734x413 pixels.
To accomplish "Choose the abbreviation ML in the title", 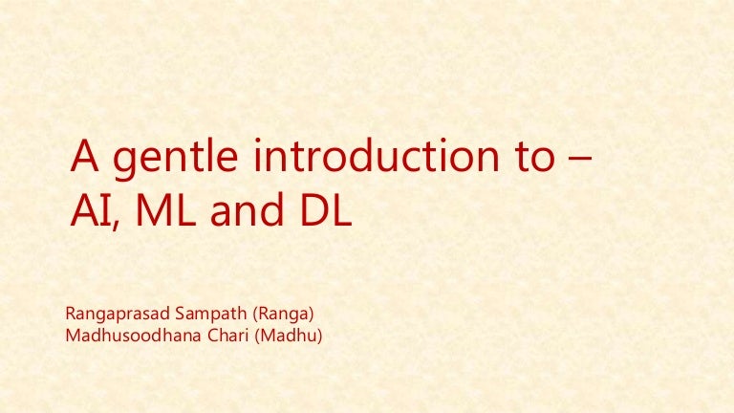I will tap(162, 212).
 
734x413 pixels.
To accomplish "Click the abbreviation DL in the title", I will tap(324, 212).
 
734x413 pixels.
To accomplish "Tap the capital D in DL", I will tap(313, 212).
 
